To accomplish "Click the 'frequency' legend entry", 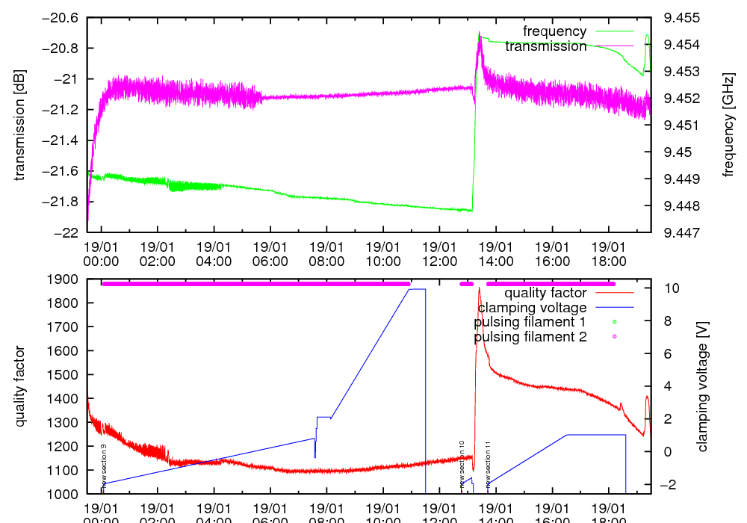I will coord(554,31).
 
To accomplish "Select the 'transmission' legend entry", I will coord(545,46).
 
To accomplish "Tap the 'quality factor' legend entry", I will coord(545,293).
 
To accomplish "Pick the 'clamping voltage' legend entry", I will coord(532,307).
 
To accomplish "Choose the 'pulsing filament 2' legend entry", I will coord(530,337).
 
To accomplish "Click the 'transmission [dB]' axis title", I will coord(20,125).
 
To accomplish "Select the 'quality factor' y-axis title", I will coord(20,386).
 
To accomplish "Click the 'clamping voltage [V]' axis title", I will coord(702,386).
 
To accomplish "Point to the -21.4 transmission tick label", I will coord(62,140).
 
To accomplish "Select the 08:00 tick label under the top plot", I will coord(326,253).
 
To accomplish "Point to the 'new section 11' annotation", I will coord(488,463).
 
